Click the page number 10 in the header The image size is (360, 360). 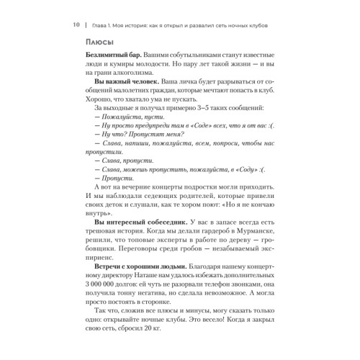[75, 24]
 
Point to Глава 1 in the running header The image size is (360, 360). [104, 24]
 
